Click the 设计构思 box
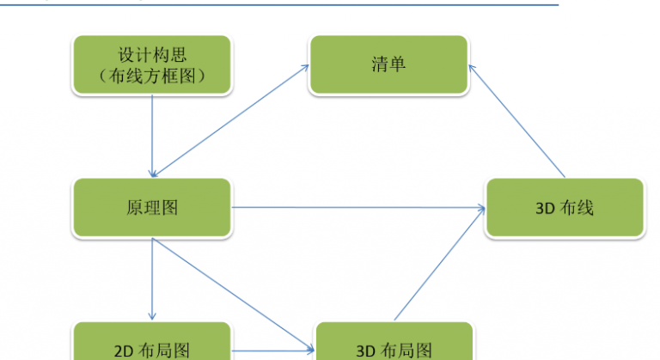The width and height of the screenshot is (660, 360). pyautogui.click(x=152, y=64)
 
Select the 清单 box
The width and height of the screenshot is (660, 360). pyautogui.click(x=388, y=64)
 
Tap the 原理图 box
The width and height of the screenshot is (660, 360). pyautogui.click(x=152, y=208)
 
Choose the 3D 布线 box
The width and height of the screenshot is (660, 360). pyautogui.click(x=565, y=208)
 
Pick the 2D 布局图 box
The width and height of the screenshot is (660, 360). pyautogui.click(x=152, y=341)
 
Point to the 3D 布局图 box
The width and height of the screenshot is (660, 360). pyautogui.click(x=394, y=341)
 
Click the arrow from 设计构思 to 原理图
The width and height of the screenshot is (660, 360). pyautogui.click(x=152, y=136)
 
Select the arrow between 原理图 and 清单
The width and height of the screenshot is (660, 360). pyautogui.click(x=230, y=121)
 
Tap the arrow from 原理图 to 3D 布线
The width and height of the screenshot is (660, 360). pyautogui.click(x=358, y=207)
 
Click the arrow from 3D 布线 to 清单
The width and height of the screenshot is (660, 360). pyautogui.click(x=516, y=121)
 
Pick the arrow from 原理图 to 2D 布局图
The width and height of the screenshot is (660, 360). pyautogui.click(x=152, y=278)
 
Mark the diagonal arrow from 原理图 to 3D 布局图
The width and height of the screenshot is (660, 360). pyautogui.click(x=233, y=295)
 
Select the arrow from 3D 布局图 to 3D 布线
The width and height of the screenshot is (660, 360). pyautogui.click(x=440, y=264)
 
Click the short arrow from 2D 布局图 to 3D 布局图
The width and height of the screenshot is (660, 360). pyautogui.click(x=272, y=351)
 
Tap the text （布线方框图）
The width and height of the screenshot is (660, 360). pyautogui.click(x=152, y=76)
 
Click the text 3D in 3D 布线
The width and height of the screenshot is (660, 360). pyautogui.click(x=544, y=209)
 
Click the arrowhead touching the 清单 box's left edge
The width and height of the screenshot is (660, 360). pyautogui.click(x=306, y=67)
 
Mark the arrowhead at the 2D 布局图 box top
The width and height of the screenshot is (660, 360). pyautogui.click(x=152, y=316)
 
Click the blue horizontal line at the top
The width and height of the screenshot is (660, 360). pyautogui.click(x=279, y=5)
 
